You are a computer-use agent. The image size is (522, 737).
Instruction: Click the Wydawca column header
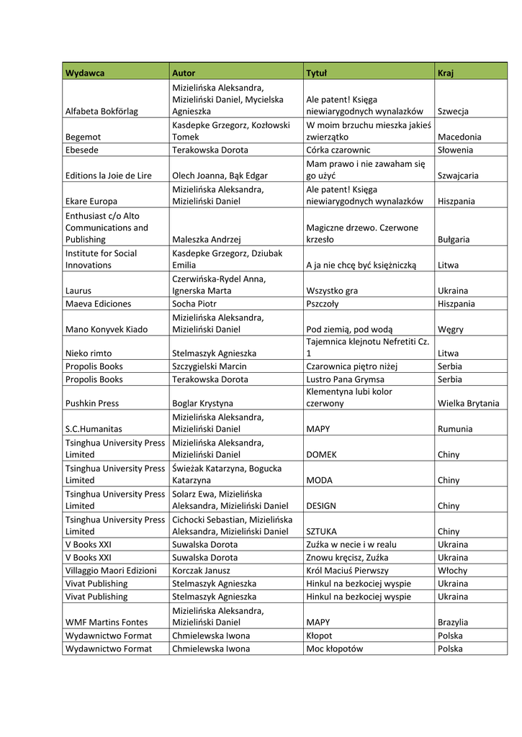[x=85, y=73]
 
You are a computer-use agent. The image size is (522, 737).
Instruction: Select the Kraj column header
[x=445, y=73]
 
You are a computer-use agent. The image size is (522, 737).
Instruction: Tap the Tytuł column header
[x=317, y=73]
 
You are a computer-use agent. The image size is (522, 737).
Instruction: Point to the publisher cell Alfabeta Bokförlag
[x=102, y=111]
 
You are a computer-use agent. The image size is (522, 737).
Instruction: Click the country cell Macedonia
[x=459, y=137]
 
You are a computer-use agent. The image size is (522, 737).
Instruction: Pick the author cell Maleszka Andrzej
[x=206, y=239]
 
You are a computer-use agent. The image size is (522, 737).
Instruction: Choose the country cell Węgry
[x=451, y=329]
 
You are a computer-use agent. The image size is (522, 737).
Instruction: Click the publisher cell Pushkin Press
[x=92, y=403]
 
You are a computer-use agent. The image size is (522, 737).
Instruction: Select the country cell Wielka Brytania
[x=468, y=403]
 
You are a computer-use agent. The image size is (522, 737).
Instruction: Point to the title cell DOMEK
[x=321, y=455]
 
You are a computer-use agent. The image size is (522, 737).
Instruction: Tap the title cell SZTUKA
[x=321, y=531]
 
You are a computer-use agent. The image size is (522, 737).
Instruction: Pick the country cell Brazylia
[x=453, y=622]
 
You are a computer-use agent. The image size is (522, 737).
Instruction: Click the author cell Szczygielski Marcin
[x=210, y=366]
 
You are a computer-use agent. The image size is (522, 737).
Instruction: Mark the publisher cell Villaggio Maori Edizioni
[x=111, y=570]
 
